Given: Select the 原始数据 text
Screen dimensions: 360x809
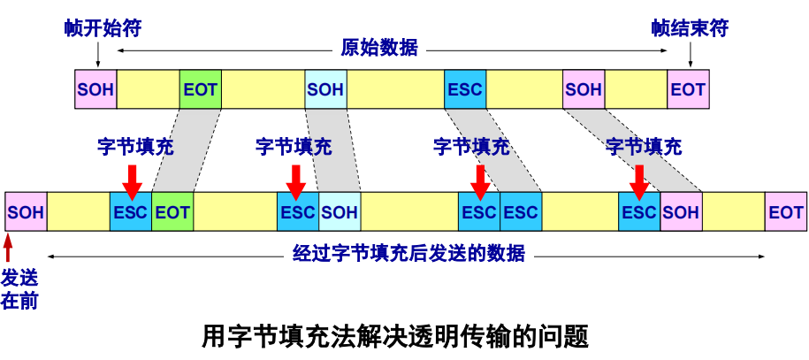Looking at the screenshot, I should (378, 48).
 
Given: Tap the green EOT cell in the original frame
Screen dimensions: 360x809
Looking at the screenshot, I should (200, 89).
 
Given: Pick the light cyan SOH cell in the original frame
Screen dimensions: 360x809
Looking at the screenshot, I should (325, 89).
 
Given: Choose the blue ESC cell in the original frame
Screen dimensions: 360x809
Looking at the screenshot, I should (465, 89).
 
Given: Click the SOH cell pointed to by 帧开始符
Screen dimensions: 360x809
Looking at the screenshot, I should (95, 89).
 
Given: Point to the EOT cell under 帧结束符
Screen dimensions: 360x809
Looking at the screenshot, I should (688, 89).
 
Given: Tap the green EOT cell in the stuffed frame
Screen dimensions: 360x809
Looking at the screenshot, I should (172, 212).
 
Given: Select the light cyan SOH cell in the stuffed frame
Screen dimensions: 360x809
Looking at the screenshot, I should (340, 212).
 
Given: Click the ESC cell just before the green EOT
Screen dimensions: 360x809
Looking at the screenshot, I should (131, 212).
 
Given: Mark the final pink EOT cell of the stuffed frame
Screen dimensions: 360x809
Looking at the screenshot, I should (785, 212).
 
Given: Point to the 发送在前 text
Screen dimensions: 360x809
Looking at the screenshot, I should (19, 288).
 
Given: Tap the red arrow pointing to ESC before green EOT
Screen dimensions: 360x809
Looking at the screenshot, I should (132, 180).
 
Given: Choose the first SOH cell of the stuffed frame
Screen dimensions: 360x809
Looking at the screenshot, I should (26, 212).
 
